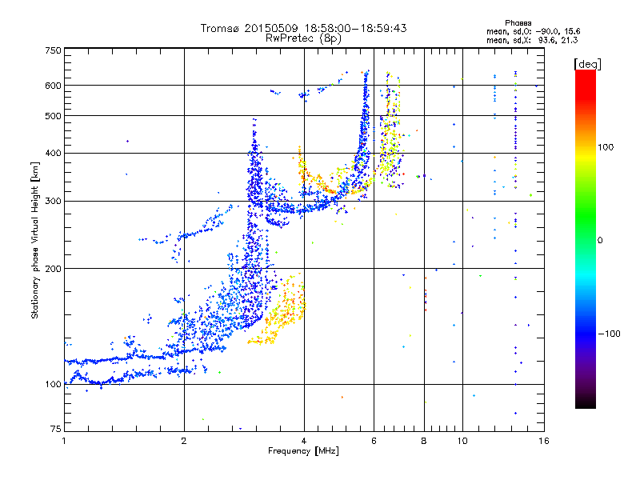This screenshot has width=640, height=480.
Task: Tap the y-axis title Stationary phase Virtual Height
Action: coord(35,240)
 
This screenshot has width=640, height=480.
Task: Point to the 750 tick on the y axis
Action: coord(53,50)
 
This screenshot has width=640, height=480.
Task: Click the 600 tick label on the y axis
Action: coord(53,86)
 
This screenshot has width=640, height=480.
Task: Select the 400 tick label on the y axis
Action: coord(53,153)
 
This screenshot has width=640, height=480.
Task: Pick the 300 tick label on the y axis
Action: coord(53,201)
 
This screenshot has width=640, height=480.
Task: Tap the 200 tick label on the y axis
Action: coord(53,269)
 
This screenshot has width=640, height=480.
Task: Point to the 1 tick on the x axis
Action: coord(64,440)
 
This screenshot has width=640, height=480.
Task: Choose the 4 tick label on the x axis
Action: coord(304,440)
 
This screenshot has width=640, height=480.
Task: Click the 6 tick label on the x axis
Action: coord(374,440)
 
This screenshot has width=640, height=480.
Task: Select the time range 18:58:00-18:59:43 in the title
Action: coord(355,28)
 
